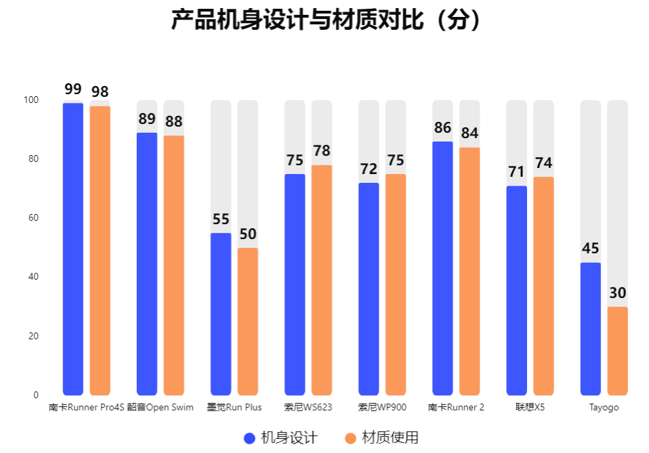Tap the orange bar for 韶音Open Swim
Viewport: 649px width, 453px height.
point(174,265)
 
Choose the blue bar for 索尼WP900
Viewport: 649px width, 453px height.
point(369,288)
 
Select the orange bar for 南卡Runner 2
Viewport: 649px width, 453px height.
point(469,271)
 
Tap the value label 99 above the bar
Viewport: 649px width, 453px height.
point(73,89)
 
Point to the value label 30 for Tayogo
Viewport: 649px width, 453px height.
point(617,293)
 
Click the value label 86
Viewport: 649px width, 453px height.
point(442,128)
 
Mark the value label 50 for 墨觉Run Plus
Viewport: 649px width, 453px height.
point(248,234)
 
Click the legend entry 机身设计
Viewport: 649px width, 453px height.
point(280,437)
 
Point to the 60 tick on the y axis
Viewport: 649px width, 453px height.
point(32,218)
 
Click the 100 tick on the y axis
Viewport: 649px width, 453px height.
point(31,100)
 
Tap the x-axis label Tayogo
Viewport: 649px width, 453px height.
point(604,408)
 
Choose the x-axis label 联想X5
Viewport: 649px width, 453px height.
point(530,408)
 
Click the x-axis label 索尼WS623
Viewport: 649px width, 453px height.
point(308,408)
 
